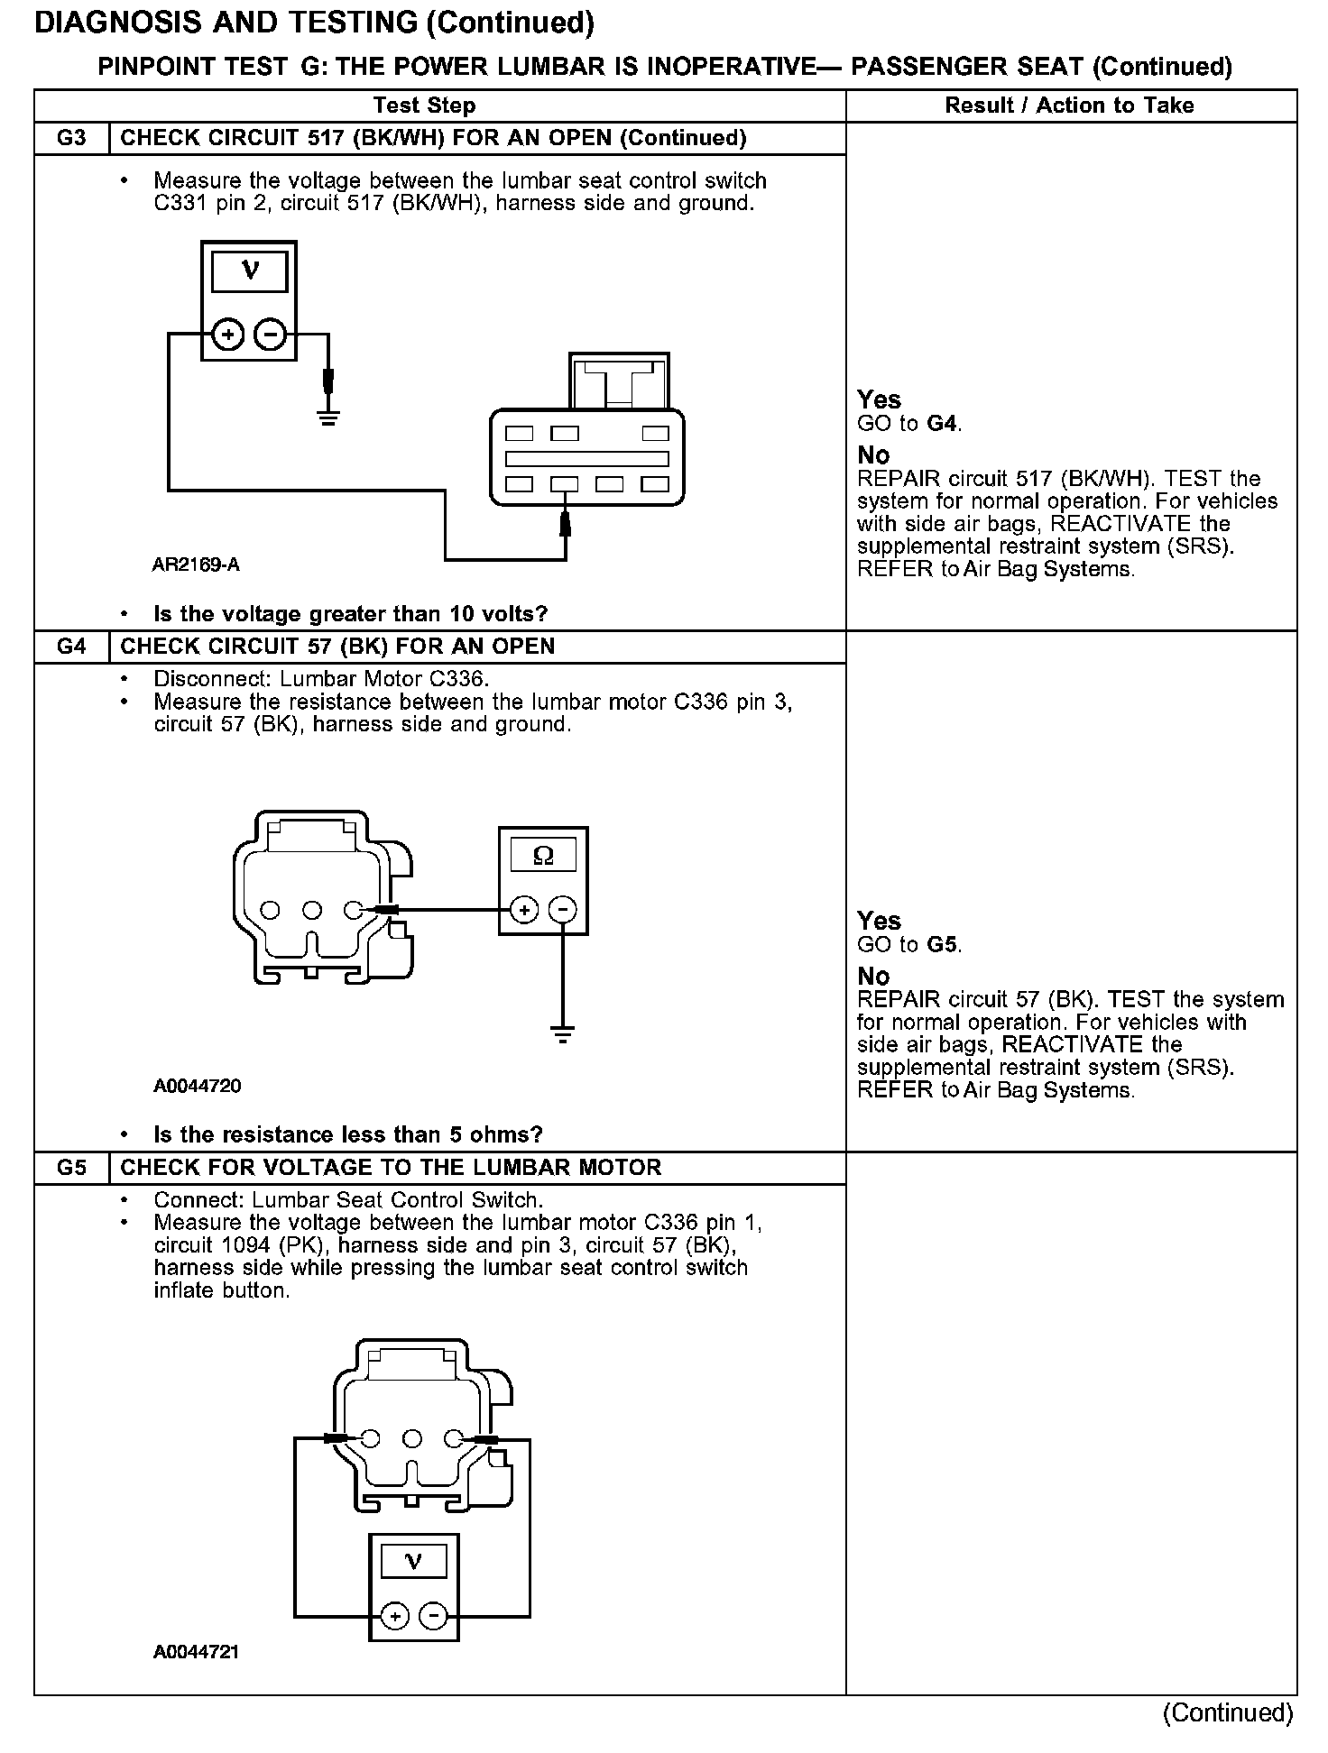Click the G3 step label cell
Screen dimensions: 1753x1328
pos(71,138)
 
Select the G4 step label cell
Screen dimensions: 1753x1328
pos(71,647)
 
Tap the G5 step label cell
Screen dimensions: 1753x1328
pos(71,1168)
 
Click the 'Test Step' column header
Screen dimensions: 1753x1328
pos(424,106)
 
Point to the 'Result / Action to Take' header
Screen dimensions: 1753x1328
pos(1069,106)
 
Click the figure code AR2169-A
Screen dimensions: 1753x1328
pos(196,565)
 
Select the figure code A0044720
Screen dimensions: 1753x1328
pos(198,1087)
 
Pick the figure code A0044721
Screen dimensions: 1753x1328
pos(196,1653)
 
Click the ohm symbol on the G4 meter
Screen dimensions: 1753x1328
pos(543,854)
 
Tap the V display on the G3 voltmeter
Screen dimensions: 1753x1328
pos(249,271)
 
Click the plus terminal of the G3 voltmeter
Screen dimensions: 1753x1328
pos(228,335)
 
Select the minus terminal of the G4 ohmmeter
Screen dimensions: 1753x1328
pos(564,910)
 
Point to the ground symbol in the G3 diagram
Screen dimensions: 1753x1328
pos(328,418)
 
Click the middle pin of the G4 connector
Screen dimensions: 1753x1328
pos(312,910)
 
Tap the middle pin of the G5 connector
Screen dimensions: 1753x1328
pos(412,1438)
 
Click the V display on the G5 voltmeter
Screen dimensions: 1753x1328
pos(413,1561)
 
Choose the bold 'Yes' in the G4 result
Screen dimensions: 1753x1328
pos(879,921)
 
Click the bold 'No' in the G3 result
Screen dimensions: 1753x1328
pos(873,455)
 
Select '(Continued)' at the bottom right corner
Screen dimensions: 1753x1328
pos(1228,1712)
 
